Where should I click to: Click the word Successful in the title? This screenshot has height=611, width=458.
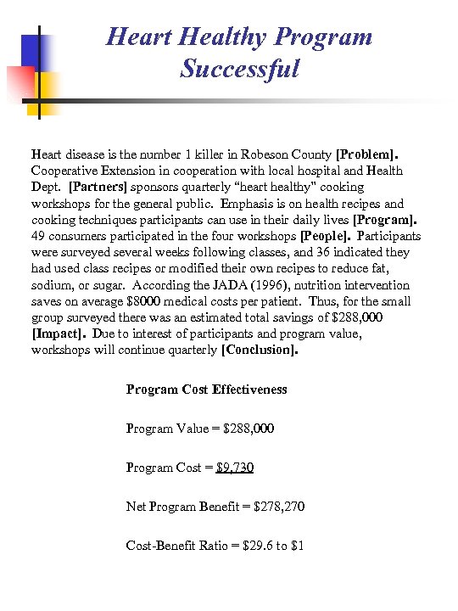[x=239, y=68]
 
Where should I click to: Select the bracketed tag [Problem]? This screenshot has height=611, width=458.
[x=366, y=155]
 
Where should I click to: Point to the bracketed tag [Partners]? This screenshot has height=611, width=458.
[x=98, y=187]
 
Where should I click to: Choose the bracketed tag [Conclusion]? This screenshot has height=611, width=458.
[x=259, y=350]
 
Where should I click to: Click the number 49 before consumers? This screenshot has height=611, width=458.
[x=38, y=236]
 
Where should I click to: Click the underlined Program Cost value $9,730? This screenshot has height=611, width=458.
[x=235, y=468]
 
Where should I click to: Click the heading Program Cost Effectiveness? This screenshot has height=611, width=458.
[x=206, y=390]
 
